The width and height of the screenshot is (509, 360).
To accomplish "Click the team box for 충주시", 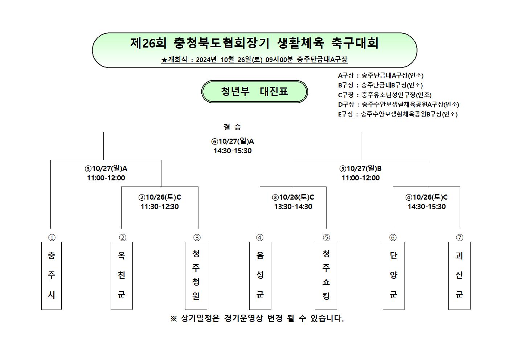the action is click(52, 275).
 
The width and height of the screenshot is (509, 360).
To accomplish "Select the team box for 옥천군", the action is click(122, 275).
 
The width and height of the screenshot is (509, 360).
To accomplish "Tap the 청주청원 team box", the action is click(196, 275).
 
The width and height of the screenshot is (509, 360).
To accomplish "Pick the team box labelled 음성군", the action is click(260, 275).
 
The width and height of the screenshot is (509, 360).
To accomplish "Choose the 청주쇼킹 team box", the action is click(326, 275).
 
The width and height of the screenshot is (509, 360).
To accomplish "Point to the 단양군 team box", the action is click(394, 275).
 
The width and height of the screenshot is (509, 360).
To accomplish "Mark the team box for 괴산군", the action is click(459, 275).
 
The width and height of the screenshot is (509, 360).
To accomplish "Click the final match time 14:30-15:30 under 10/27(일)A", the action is click(233, 151).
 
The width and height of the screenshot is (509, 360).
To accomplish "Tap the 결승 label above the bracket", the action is click(232, 127).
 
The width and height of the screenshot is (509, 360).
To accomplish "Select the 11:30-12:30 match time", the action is click(160, 206).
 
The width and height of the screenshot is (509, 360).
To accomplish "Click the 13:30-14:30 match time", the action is click(293, 206).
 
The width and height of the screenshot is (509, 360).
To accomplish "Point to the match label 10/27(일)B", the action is click(360, 169).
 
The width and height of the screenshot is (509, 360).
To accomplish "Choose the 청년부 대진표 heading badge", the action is click(255, 91).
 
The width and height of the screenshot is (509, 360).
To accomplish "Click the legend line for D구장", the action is click(399, 104).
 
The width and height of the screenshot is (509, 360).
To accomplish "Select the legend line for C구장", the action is click(385, 95).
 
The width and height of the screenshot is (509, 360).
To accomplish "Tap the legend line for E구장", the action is click(398, 114).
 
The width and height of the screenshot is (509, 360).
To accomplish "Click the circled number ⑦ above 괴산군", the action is click(459, 237).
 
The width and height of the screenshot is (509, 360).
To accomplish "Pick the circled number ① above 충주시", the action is click(52, 237).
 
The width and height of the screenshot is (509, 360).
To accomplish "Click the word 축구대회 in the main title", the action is click(355, 43).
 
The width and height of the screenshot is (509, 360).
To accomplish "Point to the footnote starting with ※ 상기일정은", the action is click(257, 318).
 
